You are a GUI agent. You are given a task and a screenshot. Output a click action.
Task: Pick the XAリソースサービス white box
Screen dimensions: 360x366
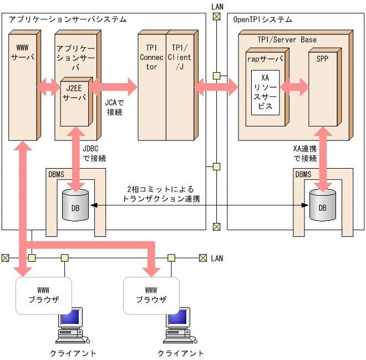point(266,92)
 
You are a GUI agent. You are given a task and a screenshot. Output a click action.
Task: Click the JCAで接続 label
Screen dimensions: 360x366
point(114,108)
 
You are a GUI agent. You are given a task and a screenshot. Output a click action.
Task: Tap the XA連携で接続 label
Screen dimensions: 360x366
point(304,153)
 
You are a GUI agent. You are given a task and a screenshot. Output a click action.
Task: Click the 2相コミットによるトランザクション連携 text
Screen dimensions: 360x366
point(161,194)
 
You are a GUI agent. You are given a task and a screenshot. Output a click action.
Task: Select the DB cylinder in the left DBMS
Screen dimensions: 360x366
point(75,205)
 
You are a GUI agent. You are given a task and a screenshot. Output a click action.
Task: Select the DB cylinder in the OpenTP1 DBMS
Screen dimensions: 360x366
point(322,205)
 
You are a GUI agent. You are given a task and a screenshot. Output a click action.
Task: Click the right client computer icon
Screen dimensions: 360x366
point(179,328)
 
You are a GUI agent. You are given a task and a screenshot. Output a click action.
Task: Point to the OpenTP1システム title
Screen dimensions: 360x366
point(262,19)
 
